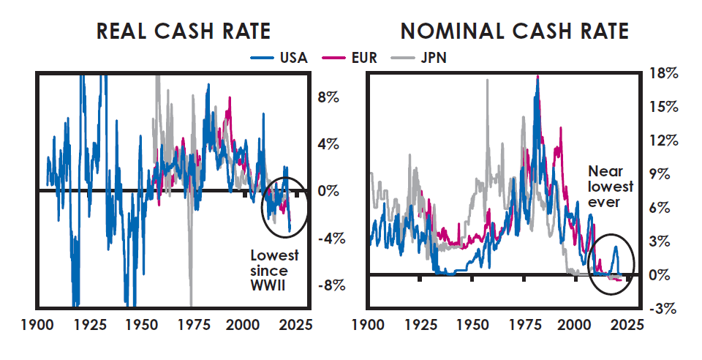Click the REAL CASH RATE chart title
click(x=184, y=31)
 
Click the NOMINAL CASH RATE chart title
click(x=515, y=31)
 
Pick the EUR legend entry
click(x=350, y=58)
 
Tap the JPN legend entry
click(x=419, y=58)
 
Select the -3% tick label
click(x=664, y=309)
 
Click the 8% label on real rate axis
click(x=328, y=97)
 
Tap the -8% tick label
click(x=332, y=285)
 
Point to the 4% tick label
click(x=328, y=145)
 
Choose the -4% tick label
click(x=332, y=239)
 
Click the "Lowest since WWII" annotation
click(x=274, y=271)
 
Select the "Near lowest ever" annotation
click(x=610, y=187)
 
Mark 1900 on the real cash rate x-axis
click(x=37, y=325)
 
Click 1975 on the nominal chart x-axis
click(x=524, y=325)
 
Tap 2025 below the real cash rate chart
click(x=295, y=325)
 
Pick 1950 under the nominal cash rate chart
click(x=472, y=325)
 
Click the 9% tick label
click(x=661, y=174)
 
